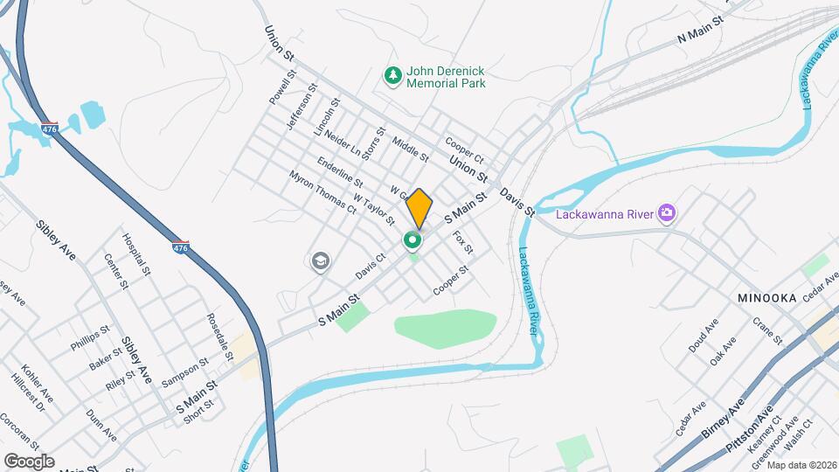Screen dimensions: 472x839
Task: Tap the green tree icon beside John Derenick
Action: pos(393,76)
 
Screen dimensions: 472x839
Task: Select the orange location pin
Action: pos(419,208)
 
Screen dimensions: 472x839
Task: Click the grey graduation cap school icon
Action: pos(320,260)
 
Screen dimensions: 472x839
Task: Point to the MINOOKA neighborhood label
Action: pos(766,298)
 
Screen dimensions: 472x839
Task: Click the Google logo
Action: pos(29,462)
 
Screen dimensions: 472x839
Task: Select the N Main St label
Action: pos(702,31)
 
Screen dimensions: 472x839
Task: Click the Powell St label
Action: pos(279,90)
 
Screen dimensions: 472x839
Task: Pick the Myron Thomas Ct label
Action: pos(323,191)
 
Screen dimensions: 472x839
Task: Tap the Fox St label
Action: pos(462,242)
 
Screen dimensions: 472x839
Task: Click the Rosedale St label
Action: pos(219,337)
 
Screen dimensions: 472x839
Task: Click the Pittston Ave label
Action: pos(751,430)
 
